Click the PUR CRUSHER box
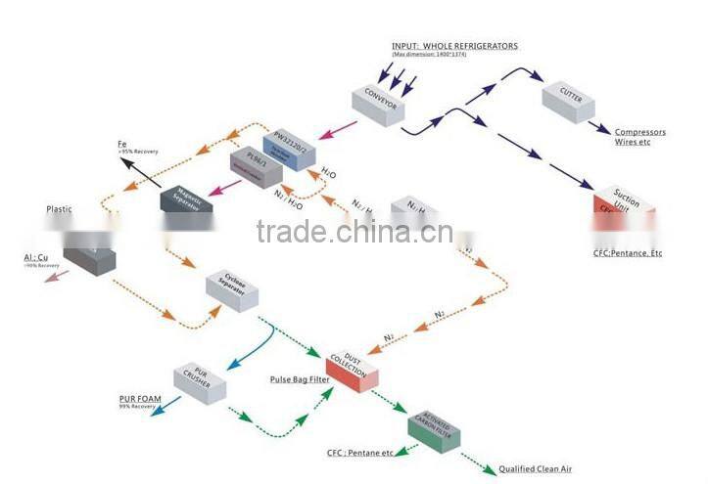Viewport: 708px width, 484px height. pos(200,379)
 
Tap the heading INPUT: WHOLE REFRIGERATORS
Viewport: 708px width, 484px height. pos(454,46)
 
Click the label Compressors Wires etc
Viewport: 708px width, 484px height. pos(639,137)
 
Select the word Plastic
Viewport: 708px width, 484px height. pos(59,209)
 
